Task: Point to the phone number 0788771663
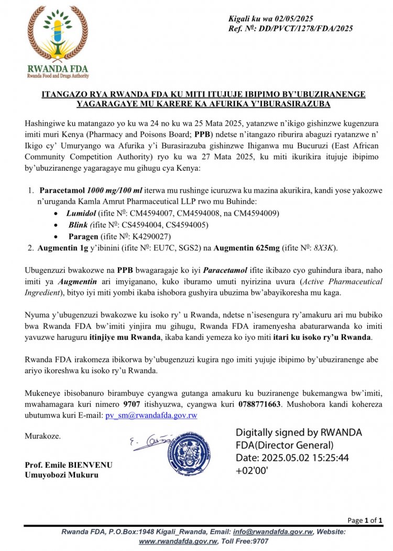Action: coord(247,404)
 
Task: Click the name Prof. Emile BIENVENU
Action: coord(69,465)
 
